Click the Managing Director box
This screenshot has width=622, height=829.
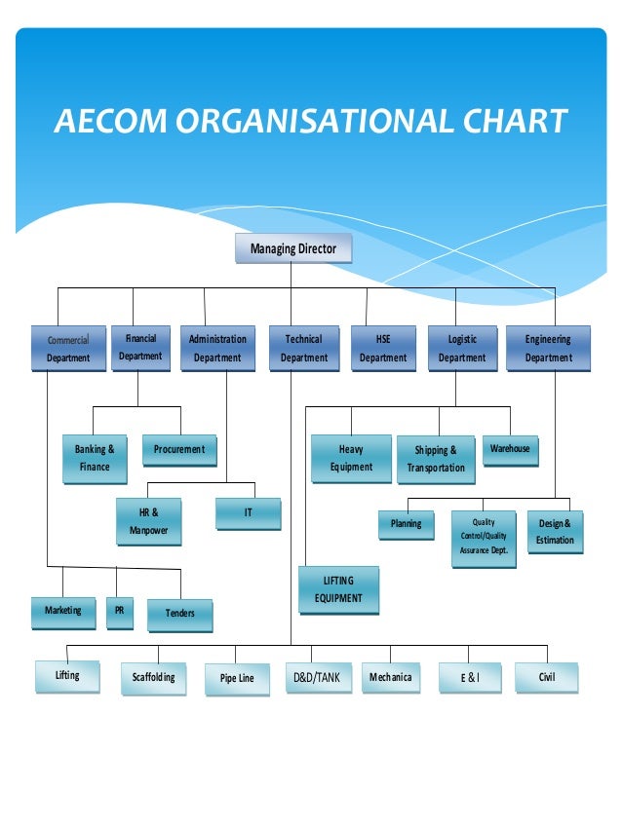pyautogui.click(x=293, y=249)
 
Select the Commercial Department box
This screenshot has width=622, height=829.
pyautogui.click(x=68, y=349)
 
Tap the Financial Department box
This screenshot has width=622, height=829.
pyautogui.click(x=140, y=348)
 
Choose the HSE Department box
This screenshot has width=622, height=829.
pyautogui.click(x=382, y=349)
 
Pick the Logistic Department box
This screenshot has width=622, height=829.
pyautogui.click(x=462, y=349)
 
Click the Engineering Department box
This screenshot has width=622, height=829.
pyautogui.click(x=548, y=349)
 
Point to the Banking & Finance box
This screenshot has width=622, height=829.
pyautogui.click(x=95, y=459)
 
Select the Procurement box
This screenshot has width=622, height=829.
pyautogui.click(x=179, y=450)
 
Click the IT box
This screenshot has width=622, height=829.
pyautogui.click(x=248, y=513)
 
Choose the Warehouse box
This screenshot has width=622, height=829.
pyautogui.click(x=510, y=450)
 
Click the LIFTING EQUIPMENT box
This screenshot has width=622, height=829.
pyautogui.click(x=338, y=590)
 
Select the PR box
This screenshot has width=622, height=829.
pyautogui.click(x=119, y=613)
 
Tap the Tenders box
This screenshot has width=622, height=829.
pyautogui.click(x=180, y=615)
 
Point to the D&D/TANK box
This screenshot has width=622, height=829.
pyautogui.click(x=318, y=678)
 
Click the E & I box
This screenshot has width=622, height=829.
pyautogui.click(x=471, y=679)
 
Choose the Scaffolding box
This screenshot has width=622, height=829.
pyautogui.click(x=154, y=679)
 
